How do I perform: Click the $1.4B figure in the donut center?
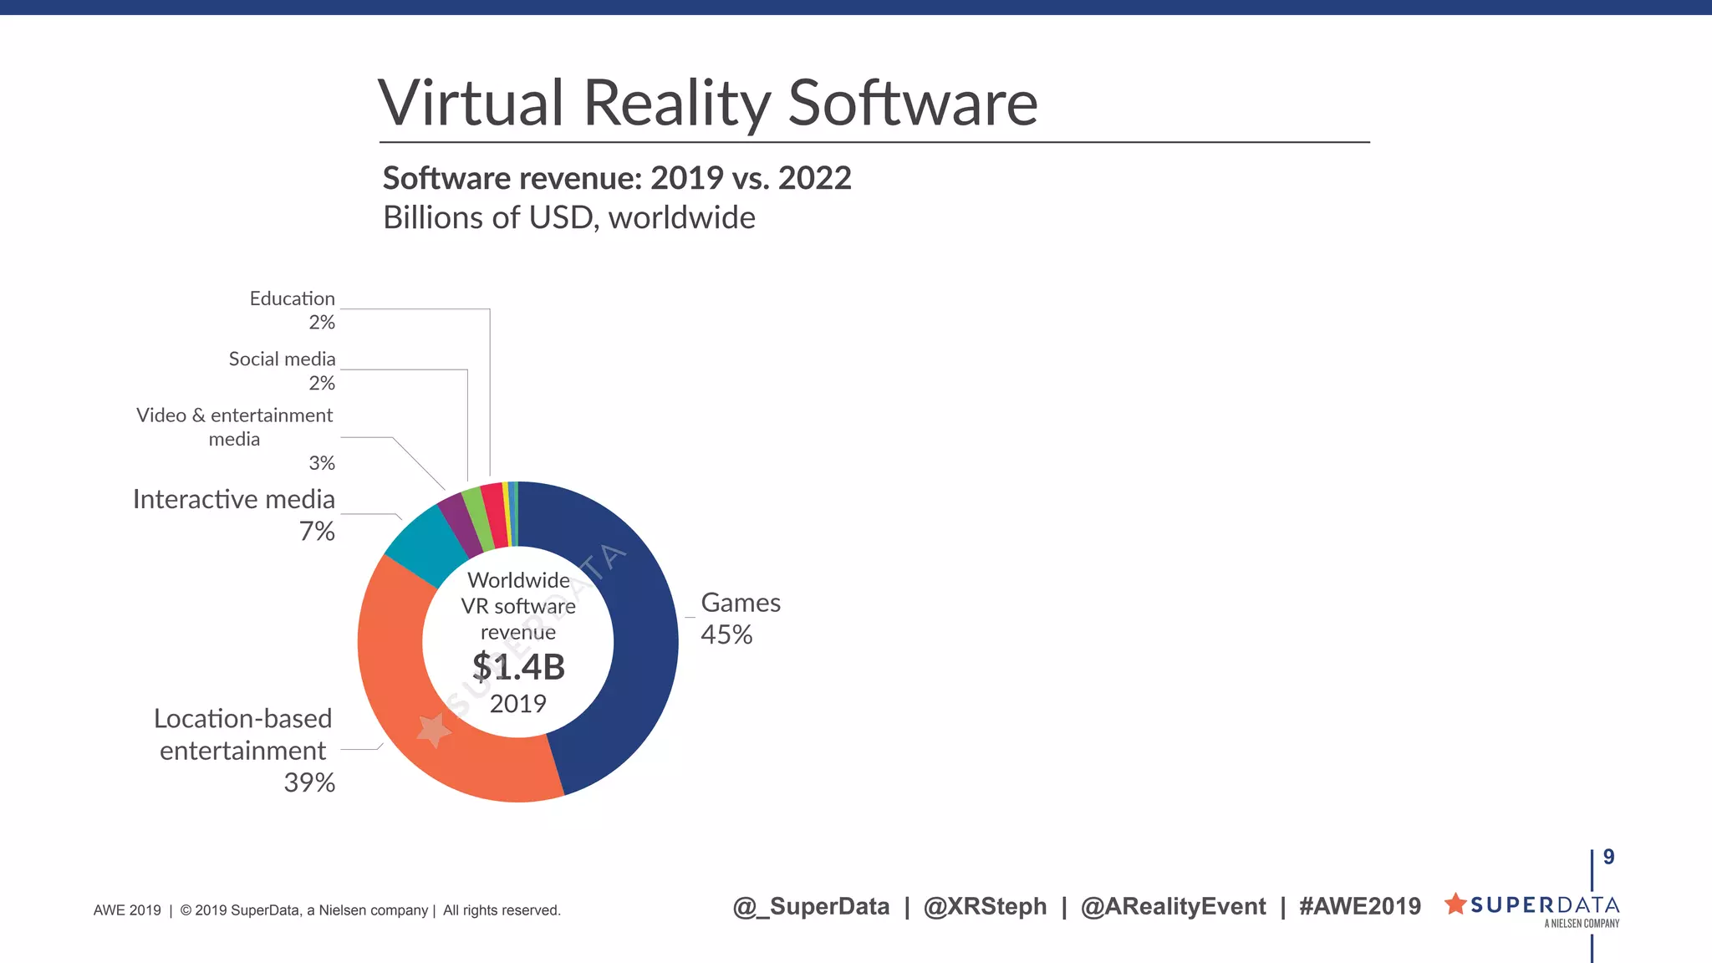518,667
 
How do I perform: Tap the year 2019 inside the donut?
518,704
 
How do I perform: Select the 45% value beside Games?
726,635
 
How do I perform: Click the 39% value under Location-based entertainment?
309,782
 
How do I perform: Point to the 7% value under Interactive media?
317,531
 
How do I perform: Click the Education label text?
292,298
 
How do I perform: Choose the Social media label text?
282,359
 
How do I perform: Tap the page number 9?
1608,857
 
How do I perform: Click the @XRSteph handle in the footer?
985,906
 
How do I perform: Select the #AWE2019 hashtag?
1360,906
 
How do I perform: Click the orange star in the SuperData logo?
1455,904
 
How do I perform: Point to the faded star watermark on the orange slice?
434,730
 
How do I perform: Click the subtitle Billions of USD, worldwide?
569,218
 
